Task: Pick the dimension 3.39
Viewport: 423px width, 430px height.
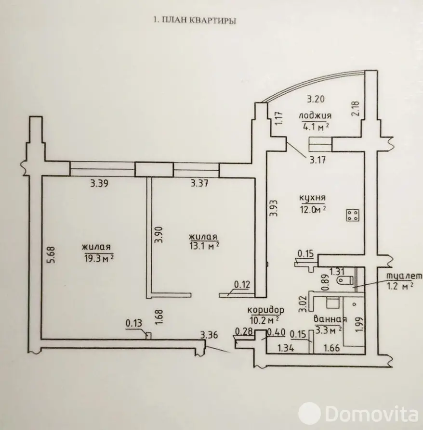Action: click(x=99, y=183)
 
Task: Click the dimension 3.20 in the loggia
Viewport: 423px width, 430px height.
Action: click(x=317, y=100)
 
